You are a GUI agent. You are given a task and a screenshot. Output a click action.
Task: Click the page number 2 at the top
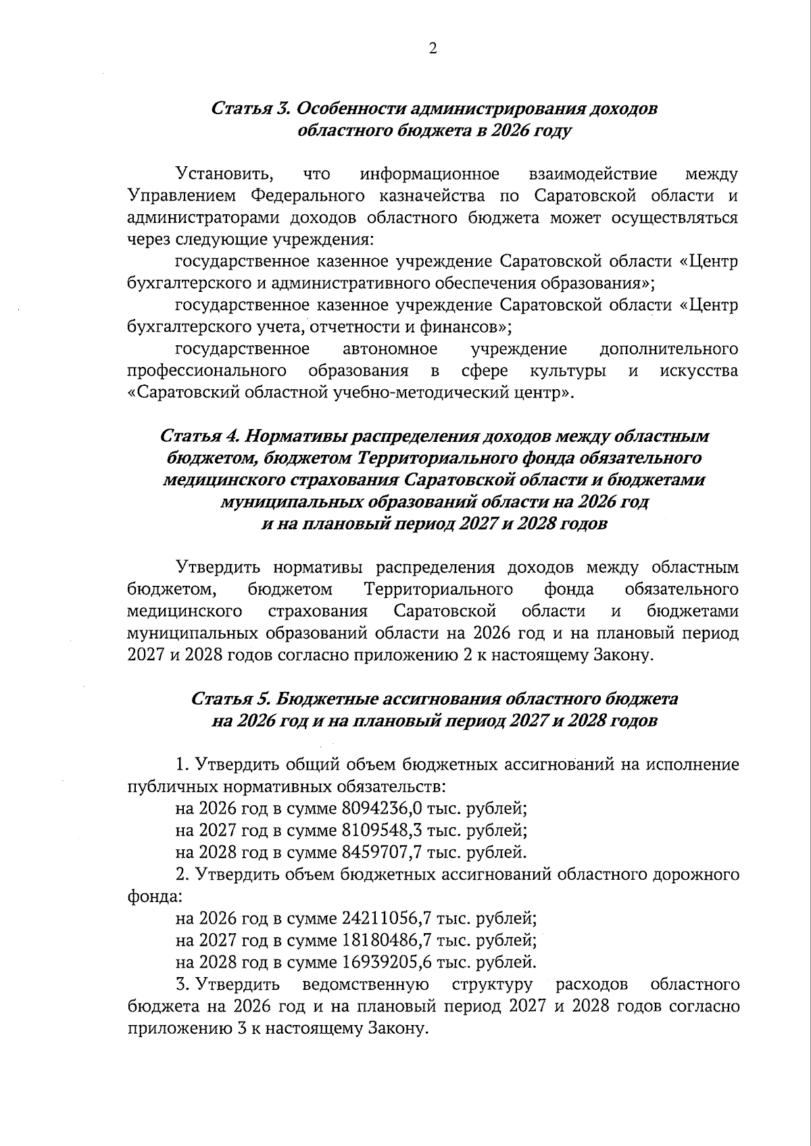(x=433, y=48)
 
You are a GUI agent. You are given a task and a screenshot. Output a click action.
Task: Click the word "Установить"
(x=224, y=174)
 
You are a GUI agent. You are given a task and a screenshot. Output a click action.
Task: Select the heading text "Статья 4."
(x=199, y=437)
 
